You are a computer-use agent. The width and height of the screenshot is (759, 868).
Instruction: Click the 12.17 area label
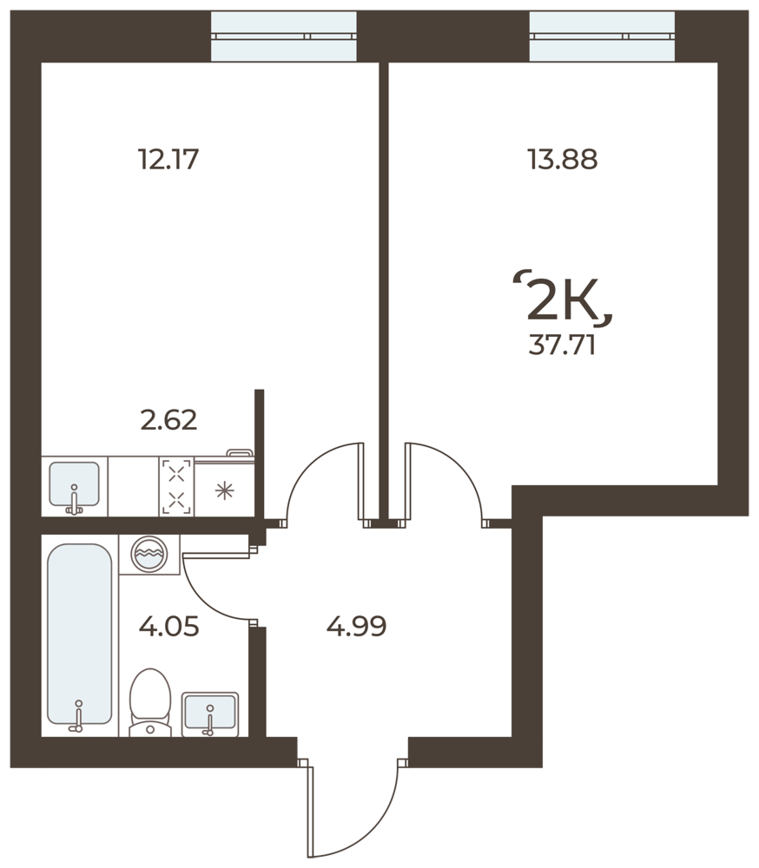pos(168,160)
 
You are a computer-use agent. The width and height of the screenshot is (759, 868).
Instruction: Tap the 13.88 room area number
pos(563,160)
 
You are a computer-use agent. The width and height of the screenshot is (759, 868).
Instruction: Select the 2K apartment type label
pos(563,299)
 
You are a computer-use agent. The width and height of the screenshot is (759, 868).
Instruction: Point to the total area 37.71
pos(562,345)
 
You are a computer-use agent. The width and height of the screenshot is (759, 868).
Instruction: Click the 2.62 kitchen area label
pos(168,420)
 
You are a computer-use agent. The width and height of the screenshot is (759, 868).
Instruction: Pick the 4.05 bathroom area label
pos(168,628)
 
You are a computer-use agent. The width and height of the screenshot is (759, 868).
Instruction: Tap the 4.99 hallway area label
pos(356,627)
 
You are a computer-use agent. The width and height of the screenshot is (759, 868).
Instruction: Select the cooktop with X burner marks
pos(177,487)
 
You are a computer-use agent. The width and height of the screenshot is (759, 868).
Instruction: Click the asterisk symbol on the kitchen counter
pos(224,490)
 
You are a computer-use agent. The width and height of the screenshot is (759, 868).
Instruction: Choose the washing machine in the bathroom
pos(149,554)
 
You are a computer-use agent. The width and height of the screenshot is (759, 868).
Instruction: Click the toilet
pos(150,703)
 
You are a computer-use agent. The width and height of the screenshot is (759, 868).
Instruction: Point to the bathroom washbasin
pos(210,714)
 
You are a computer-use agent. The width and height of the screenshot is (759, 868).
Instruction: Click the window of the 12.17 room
pos(284,36)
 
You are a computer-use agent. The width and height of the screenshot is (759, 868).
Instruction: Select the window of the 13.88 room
pos(602,36)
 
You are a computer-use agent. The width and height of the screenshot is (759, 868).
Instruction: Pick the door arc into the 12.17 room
pos(310,465)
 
